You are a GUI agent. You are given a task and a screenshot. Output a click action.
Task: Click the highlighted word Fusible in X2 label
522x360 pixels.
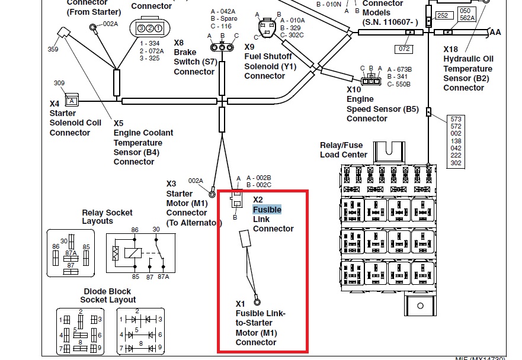(267, 210)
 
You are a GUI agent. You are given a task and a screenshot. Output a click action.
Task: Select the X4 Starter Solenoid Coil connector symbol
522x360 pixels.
(72, 99)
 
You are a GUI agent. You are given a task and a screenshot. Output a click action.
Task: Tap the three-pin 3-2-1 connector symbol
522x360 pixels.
(148, 28)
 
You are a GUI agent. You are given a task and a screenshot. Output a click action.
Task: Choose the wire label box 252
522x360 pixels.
(442, 15)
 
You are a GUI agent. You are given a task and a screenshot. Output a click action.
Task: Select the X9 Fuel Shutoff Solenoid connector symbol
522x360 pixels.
(267, 28)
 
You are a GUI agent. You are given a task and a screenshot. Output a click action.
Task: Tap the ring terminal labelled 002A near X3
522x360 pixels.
(212, 193)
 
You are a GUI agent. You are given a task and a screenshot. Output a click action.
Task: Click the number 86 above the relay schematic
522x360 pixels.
(134, 229)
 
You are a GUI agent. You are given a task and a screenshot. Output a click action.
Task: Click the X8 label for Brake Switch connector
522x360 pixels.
(179, 43)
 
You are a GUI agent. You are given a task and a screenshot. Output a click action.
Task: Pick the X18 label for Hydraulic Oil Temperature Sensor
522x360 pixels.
(450, 49)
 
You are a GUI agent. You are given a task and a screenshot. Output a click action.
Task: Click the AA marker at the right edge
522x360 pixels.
(495, 33)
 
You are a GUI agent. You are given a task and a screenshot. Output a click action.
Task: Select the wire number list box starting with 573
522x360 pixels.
(456, 141)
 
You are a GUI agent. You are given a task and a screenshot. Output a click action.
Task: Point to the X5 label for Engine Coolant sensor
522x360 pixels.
(119, 123)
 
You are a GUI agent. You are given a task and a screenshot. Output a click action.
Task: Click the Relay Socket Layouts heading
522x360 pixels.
(107, 217)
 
